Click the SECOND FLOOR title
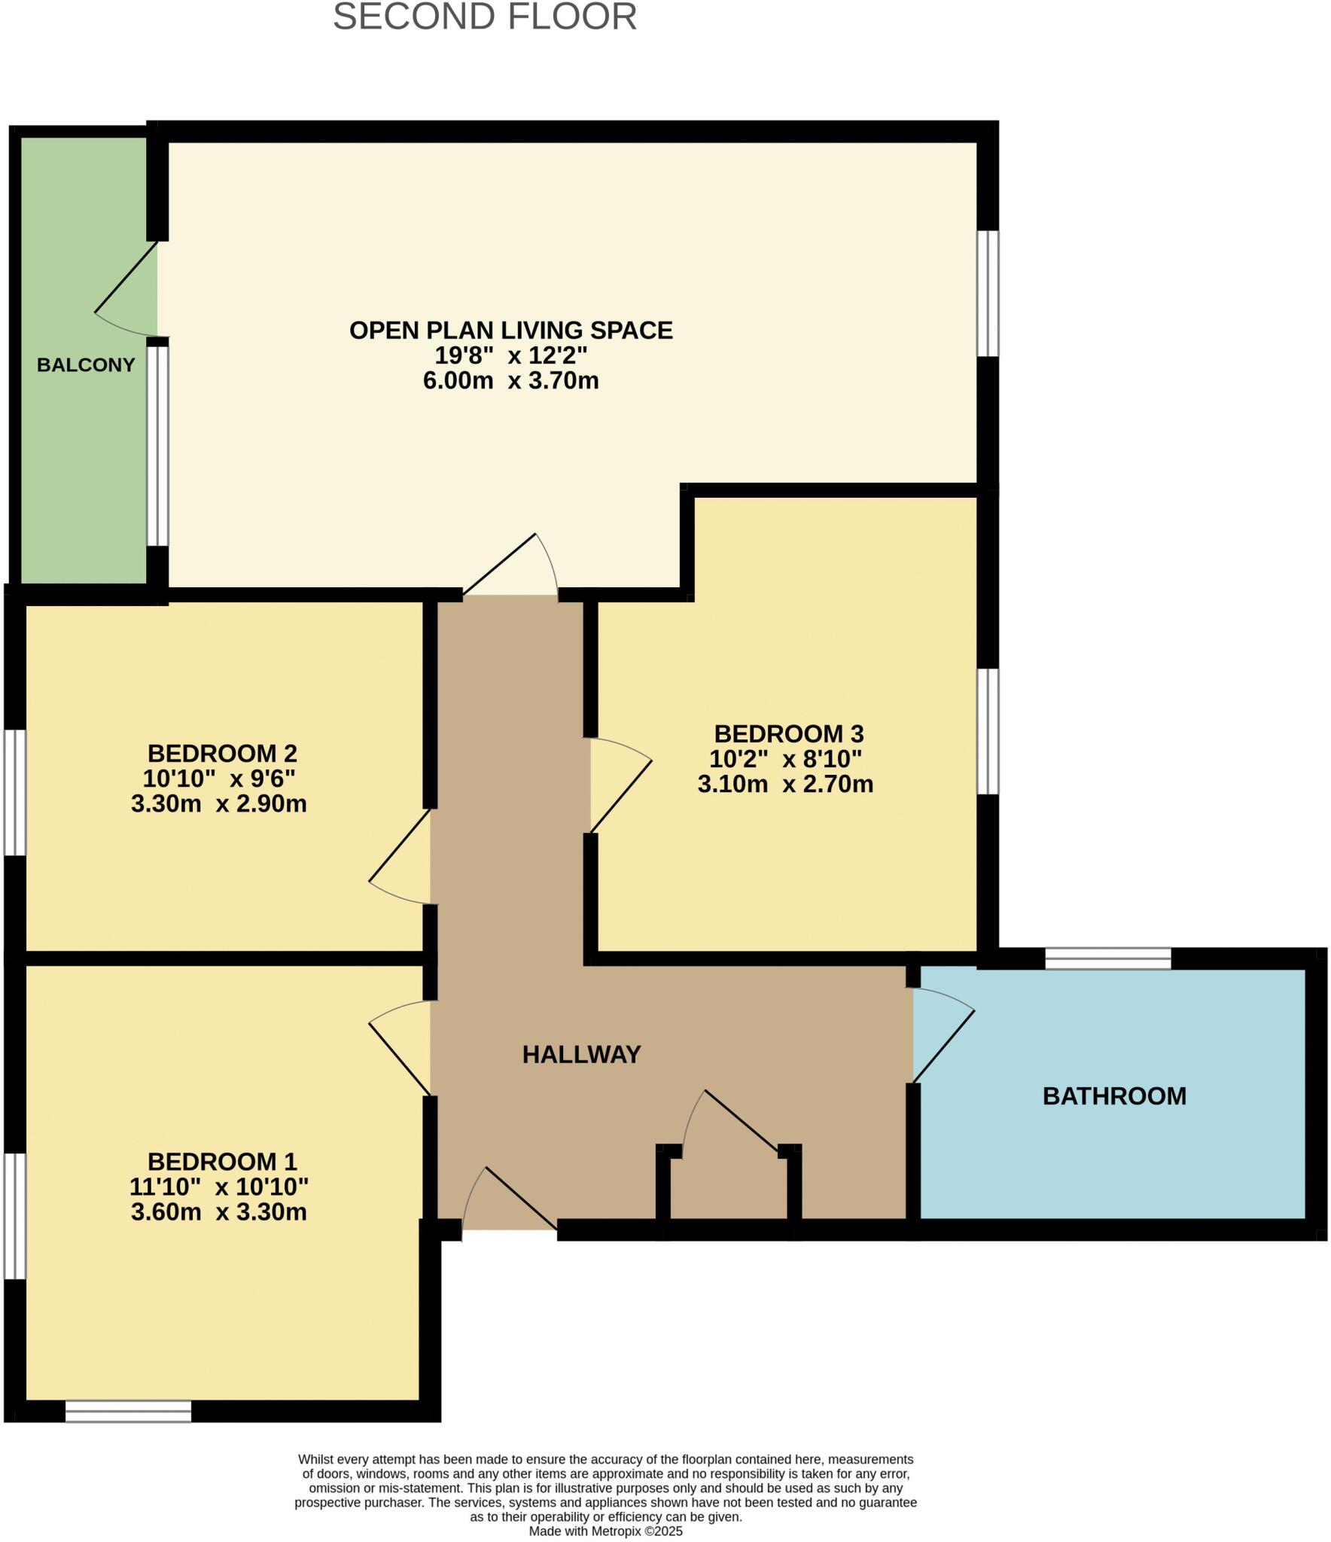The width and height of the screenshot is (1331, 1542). pos(485,17)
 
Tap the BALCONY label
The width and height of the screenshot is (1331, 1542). pos(86,365)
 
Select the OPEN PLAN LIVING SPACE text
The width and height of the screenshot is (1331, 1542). pos(510,331)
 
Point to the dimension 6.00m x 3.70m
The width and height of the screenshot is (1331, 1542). pos(510,380)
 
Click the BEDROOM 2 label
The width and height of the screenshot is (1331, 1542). pos(222,753)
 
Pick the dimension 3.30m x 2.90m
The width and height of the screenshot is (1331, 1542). pos(218,803)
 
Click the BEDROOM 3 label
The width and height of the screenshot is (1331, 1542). pos(788,733)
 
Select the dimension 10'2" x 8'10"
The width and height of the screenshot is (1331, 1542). pos(785,758)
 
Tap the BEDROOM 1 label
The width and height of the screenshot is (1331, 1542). pos(222,1162)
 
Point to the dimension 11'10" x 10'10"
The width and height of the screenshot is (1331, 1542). pos(218,1187)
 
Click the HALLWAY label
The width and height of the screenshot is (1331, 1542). pos(581,1055)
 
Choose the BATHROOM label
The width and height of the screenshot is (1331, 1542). pos(1113,1096)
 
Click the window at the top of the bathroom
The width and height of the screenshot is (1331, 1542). pos(1107,958)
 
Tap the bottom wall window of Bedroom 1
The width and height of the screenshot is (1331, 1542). pos(128,1411)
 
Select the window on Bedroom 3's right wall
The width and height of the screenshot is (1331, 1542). pos(988,731)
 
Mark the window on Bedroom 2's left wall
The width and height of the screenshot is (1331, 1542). pos(15,792)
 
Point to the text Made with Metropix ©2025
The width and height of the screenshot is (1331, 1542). pos(605,1531)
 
